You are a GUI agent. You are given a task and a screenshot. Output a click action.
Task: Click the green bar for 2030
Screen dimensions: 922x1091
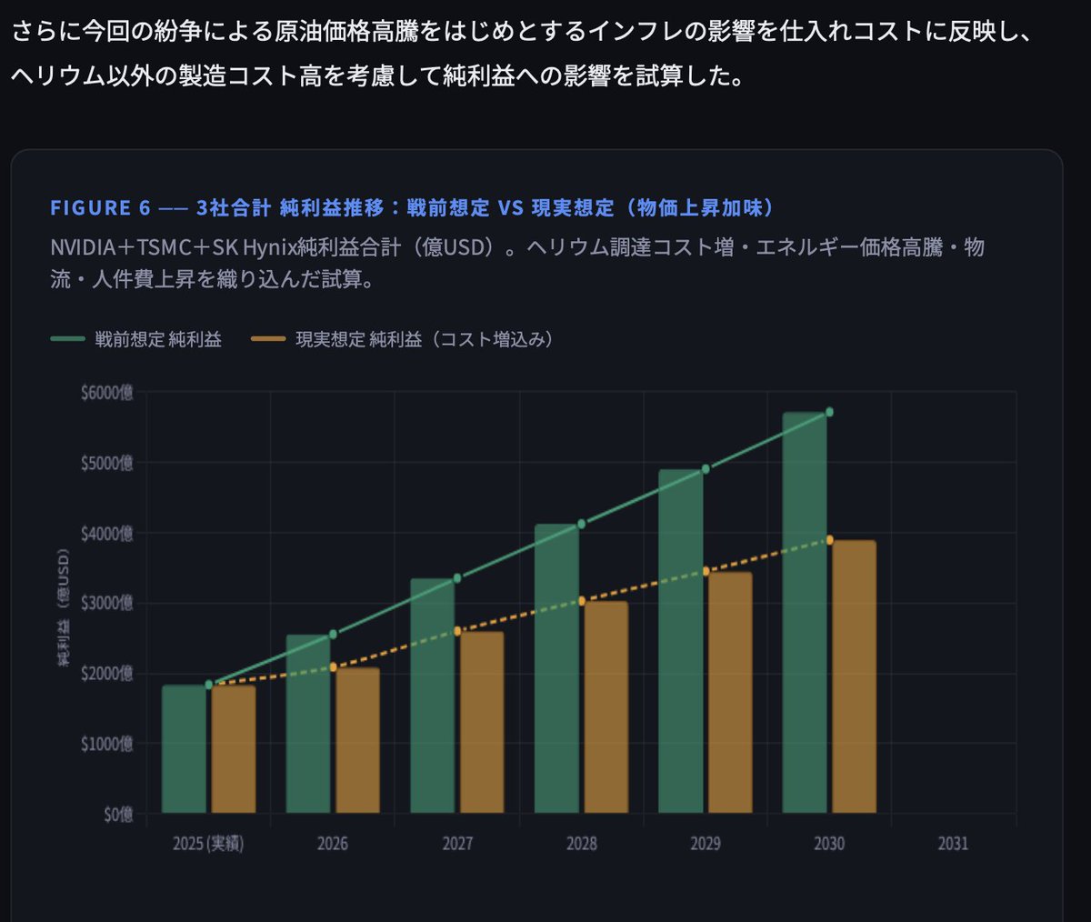(805, 613)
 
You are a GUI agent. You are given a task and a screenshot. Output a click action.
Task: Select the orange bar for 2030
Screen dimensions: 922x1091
(854, 676)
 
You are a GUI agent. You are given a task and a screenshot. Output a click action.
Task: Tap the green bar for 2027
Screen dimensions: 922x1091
(432, 696)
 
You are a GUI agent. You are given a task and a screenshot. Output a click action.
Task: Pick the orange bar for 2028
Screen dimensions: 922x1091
(606, 707)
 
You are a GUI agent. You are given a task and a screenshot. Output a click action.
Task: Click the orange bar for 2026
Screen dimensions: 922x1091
(357, 740)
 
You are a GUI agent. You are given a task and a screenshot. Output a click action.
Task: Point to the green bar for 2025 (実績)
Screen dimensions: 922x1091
(184, 749)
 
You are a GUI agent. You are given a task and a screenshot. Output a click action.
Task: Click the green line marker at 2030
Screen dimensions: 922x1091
(829, 412)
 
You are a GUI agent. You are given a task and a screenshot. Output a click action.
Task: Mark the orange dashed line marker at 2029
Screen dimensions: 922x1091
(706, 571)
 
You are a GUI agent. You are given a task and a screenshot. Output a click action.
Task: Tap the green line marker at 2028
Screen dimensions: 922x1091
(581, 524)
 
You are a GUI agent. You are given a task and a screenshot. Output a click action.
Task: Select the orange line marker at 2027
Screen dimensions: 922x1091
(457, 630)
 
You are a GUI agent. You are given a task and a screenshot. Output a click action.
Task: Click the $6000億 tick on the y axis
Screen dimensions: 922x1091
(106, 393)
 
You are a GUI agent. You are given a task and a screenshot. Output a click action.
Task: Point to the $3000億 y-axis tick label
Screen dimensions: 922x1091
(106, 603)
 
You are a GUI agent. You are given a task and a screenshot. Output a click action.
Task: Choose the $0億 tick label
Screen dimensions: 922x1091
(117, 814)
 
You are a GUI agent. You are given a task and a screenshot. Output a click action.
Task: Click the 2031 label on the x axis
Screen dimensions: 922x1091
(953, 844)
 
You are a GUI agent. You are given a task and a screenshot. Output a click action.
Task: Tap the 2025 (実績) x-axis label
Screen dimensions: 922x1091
(208, 844)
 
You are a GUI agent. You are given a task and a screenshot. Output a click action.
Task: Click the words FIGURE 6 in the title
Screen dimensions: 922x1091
(100, 208)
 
